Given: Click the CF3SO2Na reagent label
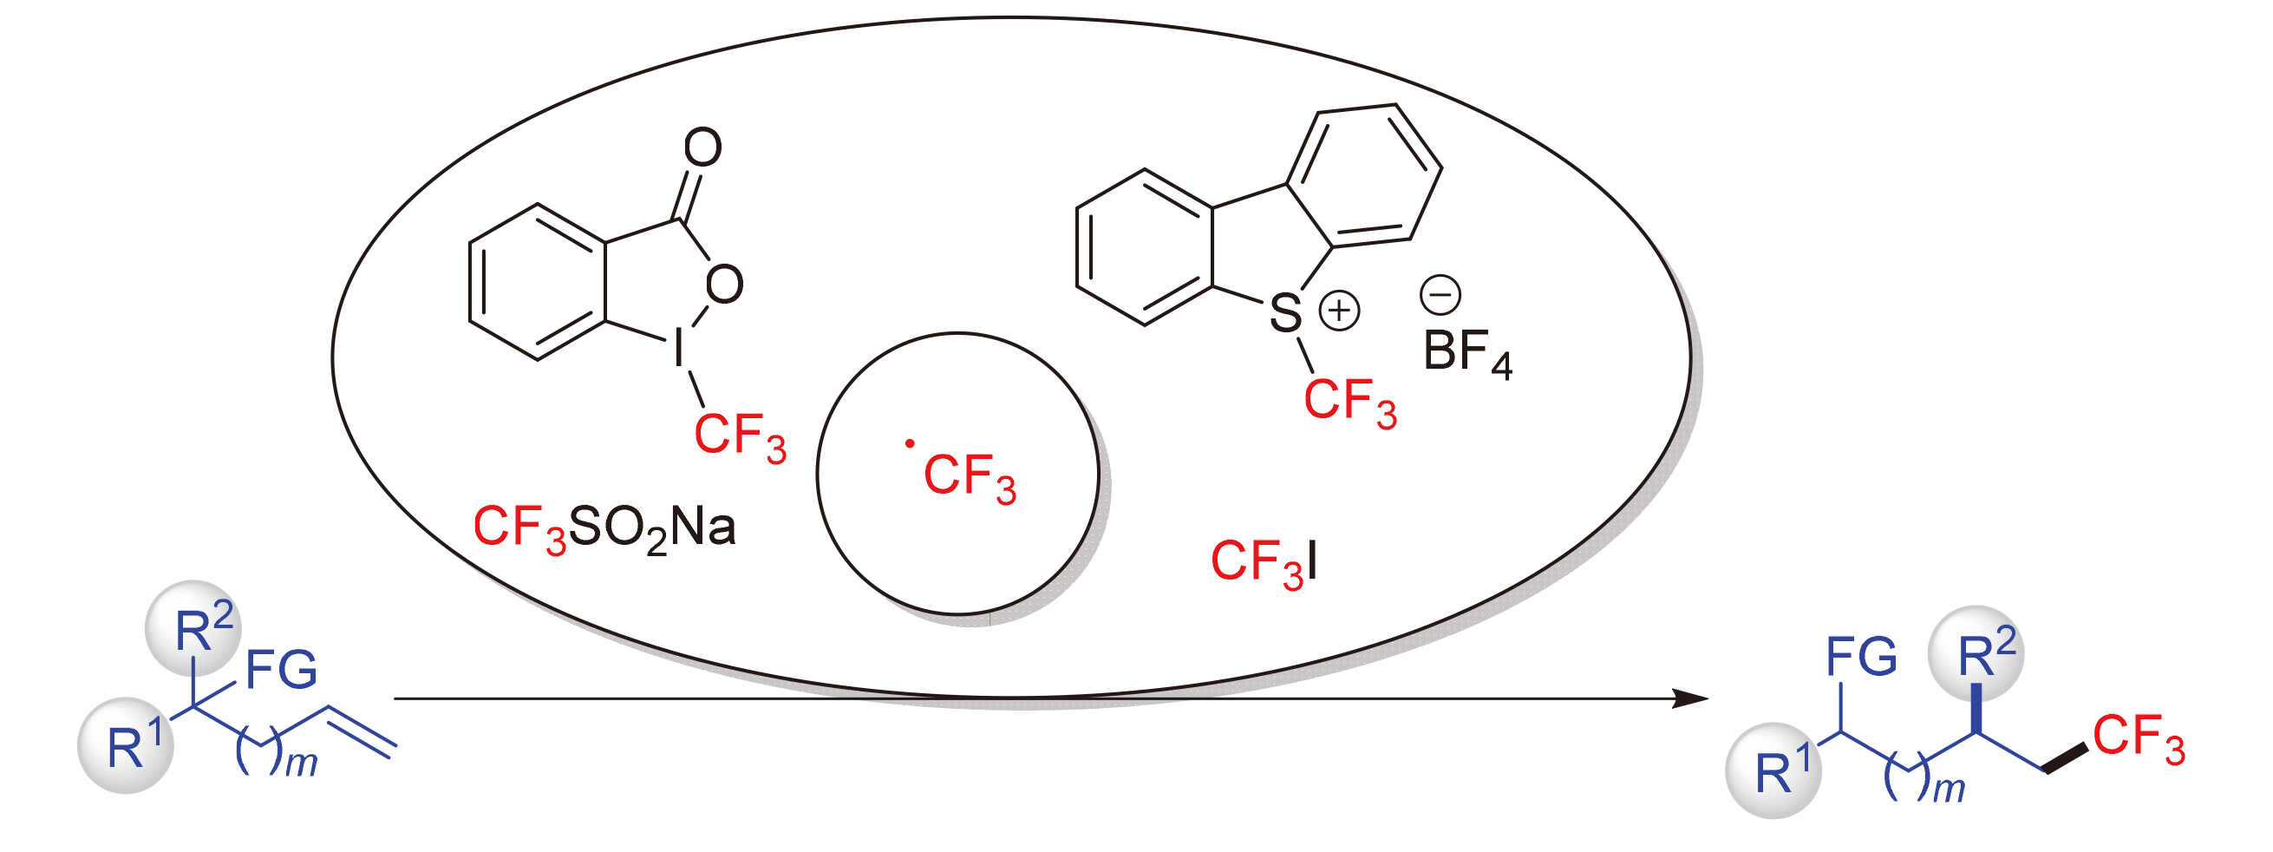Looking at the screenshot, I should point(604,529).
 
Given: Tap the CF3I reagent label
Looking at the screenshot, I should point(1264,562).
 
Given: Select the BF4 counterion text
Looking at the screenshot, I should point(1467,353).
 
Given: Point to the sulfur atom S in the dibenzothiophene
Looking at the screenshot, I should point(1285,313).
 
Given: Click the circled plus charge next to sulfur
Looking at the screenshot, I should point(1340,311).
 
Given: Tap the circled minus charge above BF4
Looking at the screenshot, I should point(1440,295).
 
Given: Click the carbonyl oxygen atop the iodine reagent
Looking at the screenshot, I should point(703,147).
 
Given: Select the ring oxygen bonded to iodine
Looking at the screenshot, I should point(723,285).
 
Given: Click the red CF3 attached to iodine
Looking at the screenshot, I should point(740,436).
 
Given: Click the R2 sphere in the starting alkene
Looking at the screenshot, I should point(193,628).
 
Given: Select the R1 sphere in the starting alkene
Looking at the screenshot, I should point(126,746).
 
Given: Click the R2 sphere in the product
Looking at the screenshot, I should point(1976,654).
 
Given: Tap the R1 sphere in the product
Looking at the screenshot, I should point(1773,770).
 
